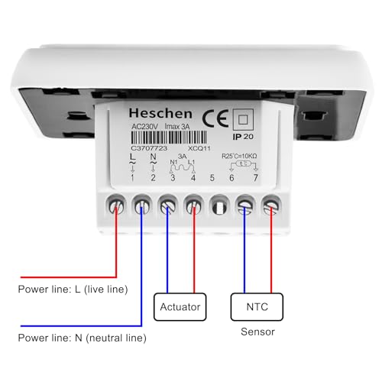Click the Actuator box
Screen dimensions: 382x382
pos(180,307)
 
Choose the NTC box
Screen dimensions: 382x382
pos(256,307)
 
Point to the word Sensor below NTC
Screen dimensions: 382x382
pos(257,332)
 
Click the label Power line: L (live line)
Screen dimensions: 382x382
pos(73,289)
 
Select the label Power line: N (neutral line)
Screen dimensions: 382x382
pos(82,337)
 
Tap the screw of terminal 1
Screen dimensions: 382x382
pos(116,205)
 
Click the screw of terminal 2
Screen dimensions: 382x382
pos(142,205)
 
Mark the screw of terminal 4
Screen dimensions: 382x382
pos(193,205)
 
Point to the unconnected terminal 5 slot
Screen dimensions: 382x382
pos(219,206)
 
